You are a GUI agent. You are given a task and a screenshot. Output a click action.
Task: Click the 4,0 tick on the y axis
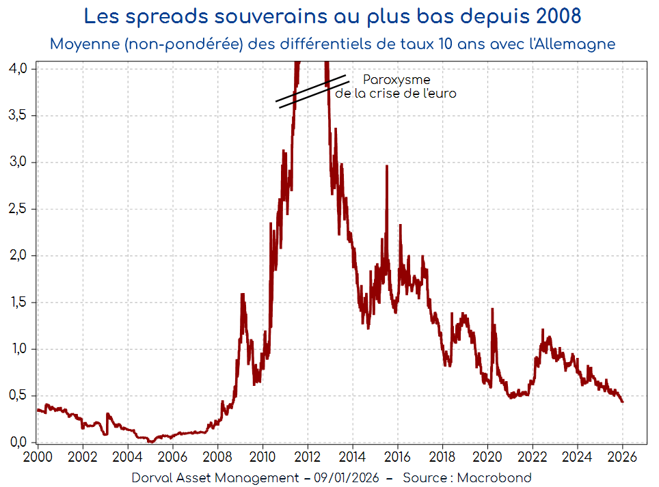point(18,68)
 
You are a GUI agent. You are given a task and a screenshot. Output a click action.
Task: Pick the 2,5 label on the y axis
point(18,209)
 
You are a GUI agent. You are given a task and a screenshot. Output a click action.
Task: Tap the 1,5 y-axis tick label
point(18,303)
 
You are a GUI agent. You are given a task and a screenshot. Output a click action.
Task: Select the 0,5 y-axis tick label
point(18,396)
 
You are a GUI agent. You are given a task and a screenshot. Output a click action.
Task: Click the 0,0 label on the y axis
point(18,442)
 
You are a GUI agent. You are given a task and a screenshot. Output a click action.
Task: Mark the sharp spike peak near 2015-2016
point(387,166)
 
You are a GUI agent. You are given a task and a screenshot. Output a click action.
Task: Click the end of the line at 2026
point(622,402)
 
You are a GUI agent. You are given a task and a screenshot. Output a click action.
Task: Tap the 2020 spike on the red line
point(492,308)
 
